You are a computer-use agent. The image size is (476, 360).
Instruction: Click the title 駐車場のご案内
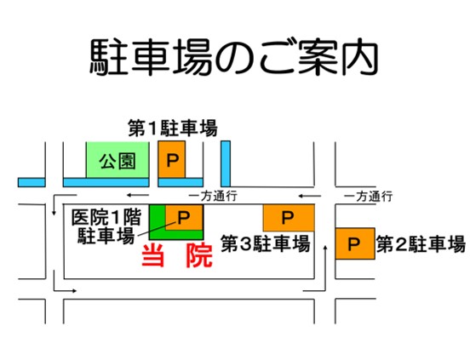(x=234, y=58)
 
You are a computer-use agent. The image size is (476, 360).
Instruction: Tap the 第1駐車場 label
(x=173, y=129)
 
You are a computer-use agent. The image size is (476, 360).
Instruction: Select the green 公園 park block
(x=118, y=160)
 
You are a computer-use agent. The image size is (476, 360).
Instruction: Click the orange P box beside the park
(x=171, y=159)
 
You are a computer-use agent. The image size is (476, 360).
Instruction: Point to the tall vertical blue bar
(x=226, y=163)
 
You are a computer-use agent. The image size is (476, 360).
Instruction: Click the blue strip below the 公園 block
(x=106, y=183)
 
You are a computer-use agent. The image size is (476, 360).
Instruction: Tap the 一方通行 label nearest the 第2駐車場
(x=368, y=197)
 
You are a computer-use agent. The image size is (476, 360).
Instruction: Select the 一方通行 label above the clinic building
(x=213, y=196)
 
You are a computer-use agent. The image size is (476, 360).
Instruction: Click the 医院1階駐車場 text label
(x=106, y=226)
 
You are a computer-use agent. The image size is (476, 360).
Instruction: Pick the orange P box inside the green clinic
(x=184, y=218)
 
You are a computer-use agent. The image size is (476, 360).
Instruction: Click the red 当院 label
(x=177, y=255)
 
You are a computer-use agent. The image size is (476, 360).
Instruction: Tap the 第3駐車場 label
(x=266, y=243)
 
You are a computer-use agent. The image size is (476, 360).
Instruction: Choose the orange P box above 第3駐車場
(x=289, y=218)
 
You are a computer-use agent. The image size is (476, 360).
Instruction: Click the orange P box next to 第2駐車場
(x=355, y=243)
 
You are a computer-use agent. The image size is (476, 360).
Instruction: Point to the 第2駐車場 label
(x=421, y=244)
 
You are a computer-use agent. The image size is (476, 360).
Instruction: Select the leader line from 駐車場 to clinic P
(x=157, y=229)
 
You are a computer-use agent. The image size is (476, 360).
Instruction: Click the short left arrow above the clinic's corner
(x=137, y=195)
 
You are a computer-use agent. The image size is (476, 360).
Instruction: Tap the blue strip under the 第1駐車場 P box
(x=181, y=183)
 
